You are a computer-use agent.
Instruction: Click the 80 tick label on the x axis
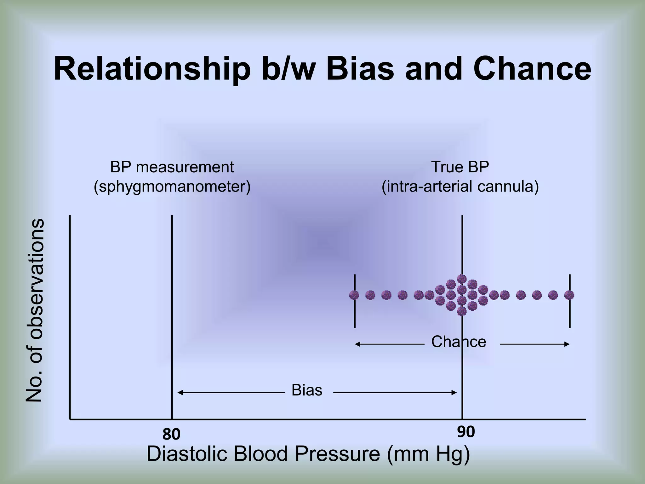[171, 434]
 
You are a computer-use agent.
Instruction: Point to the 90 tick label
[466, 432]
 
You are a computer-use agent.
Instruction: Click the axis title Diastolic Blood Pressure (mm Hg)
[308, 454]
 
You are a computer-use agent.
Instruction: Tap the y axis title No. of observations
[34, 310]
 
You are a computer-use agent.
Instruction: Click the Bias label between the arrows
[307, 390]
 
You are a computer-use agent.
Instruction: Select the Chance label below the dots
[458, 342]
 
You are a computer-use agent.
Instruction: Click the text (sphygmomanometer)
[172, 187]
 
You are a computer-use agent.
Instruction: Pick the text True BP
[460, 167]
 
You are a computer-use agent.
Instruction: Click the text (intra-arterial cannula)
[460, 187]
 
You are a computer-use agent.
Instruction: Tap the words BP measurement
[172, 167]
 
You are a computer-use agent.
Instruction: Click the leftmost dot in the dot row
[354, 295]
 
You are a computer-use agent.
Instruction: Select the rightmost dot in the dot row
[569, 295]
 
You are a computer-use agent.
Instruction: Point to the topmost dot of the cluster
[461, 279]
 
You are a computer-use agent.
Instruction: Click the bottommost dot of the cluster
[461, 311]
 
